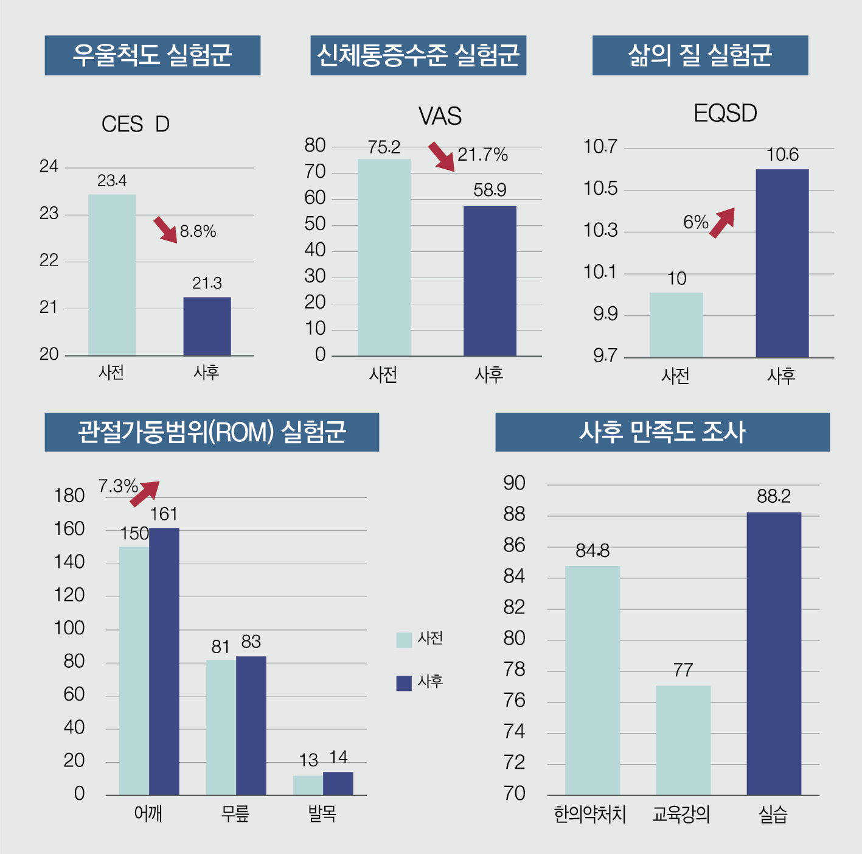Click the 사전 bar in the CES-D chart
(x=112, y=275)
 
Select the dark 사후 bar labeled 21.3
(x=207, y=326)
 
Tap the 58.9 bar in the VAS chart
(x=490, y=281)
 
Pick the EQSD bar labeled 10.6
(x=782, y=263)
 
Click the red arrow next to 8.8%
(x=165, y=229)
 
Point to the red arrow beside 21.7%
(x=442, y=157)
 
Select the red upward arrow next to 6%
(x=723, y=222)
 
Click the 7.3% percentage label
(x=118, y=486)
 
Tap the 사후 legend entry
(x=420, y=682)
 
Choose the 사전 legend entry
(x=420, y=639)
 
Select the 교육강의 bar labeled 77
(x=683, y=740)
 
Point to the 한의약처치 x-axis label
(x=589, y=814)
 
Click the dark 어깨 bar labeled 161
(x=164, y=661)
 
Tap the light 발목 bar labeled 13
(x=308, y=785)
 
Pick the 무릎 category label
(x=235, y=814)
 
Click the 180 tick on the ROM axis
(x=69, y=496)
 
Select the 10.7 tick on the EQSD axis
(x=600, y=147)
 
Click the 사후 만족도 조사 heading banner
(x=662, y=432)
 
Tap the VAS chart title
(x=440, y=116)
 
